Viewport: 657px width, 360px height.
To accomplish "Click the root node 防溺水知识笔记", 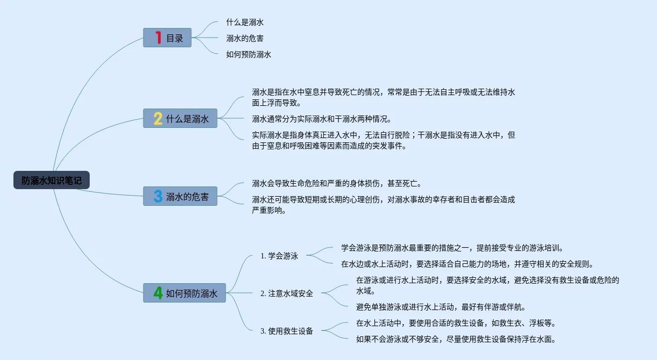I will click(52, 181).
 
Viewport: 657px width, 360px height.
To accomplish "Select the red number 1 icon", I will click(158, 38).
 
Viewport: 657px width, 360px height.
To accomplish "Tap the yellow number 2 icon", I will click(158, 118).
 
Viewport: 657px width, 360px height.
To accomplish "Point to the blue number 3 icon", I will click(158, 196).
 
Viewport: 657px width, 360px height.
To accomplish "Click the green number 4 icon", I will click(158, 293).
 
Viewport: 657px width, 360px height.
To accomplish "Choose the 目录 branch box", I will click(167, 38).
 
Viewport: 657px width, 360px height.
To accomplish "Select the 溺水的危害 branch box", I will click(180, 196).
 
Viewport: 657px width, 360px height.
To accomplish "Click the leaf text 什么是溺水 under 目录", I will click(244, 23).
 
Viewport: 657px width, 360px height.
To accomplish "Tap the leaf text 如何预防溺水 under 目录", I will click(248, 54).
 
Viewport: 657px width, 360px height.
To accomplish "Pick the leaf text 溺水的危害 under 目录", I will click(244, 38).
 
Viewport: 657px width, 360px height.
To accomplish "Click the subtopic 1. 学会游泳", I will click(279, 256).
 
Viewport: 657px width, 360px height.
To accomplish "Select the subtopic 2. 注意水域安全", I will click(286, 293).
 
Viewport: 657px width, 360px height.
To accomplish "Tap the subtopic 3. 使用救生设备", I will click(286, 331).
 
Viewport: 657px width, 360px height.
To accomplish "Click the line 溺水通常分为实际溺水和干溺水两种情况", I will click(321, 119).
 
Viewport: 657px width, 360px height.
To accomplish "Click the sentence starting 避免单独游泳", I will click(441, 307).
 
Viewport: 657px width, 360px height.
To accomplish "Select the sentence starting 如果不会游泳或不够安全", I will click(456, 339).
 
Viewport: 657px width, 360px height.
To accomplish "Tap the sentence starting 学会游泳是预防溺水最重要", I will click(452, 248).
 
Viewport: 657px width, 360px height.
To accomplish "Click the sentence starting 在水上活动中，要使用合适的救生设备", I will click(456, 323).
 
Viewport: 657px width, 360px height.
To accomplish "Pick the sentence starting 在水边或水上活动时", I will click(467, 264).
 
